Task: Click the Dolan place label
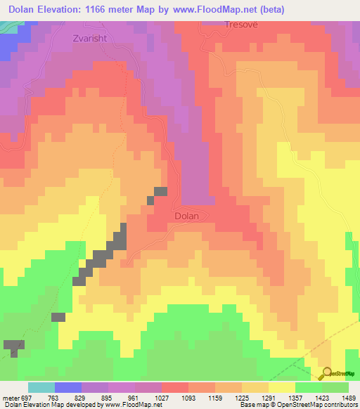click(186, 216)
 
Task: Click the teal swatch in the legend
click(41, 387)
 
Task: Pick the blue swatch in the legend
click(68, 387)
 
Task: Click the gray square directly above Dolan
click(161, 191)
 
